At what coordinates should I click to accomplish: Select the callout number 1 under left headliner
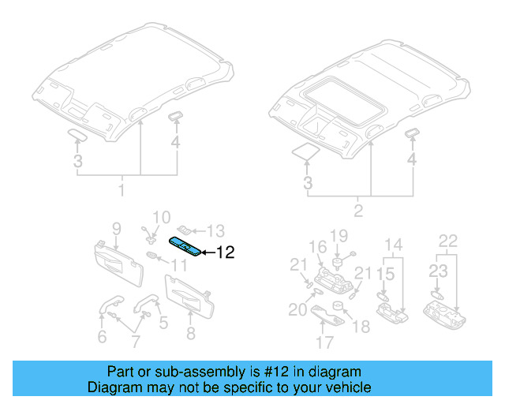(x=122, y=191)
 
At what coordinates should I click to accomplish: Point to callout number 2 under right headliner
(x=358, y=211)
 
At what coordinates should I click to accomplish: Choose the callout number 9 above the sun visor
(x=116, y=229)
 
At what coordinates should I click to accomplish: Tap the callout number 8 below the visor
(x=190, y=334)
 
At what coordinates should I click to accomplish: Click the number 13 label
(x=215, y=230)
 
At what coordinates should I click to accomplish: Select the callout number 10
(x=160, y=217)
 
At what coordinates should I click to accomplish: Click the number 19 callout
(x=339, y=235)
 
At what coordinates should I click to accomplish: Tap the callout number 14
(x=393, y=244)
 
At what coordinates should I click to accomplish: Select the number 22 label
(x=447, y=241)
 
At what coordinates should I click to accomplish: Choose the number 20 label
(x=297, y=310)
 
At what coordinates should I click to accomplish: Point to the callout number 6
(x=101, y=338)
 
